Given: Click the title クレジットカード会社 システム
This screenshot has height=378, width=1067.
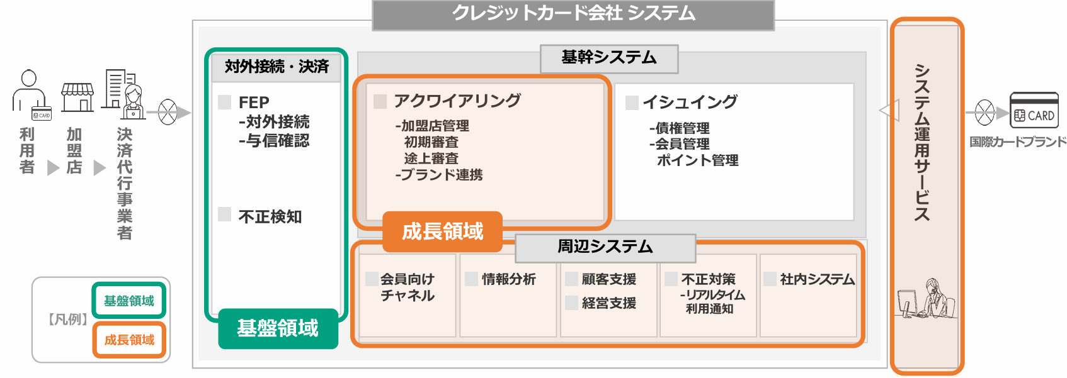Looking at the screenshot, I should pyautogui.click(x=573, y=14).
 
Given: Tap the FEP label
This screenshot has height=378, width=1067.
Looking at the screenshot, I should pyautogui.click(x=254, y=102).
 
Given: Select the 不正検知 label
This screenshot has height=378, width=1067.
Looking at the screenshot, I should pyautogui.click(x=270, y=216).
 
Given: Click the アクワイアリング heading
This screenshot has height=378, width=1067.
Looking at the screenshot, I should pyautogui.click(x=457, y=101).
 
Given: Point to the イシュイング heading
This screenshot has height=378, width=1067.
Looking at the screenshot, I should pyautogui.click(x=690, y=102).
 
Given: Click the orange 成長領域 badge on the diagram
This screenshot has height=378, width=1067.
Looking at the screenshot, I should pyautogui.click(x=442, y=231).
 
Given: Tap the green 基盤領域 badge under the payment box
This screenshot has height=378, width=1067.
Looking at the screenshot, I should pyautogui.click(x=278, y=328).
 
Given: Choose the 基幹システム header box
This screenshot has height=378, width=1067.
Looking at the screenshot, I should pyautogui.click(x=608, y=58).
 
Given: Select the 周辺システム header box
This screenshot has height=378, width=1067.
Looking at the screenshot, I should pyautogui.click(x=605, y=247).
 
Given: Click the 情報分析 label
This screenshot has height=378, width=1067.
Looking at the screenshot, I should pyautogui.click(x=508, y=279).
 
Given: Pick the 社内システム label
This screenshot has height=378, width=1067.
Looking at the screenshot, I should pyautogui.click(x=817, y=279).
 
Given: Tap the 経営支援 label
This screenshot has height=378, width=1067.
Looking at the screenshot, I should pyautogui.click(x=608, y=303).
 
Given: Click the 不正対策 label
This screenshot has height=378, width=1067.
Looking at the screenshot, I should pyautogui.click(x=708, y=279).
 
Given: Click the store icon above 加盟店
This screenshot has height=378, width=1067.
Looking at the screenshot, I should pyautogui.click(x=77, y=97).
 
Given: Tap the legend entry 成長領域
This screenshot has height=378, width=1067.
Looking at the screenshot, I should pyautogui.click(x=129, y=340).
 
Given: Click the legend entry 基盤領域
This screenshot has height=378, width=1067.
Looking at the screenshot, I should pyautogui.click(x=129, y=301).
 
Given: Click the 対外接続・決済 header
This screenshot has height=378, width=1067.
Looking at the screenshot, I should pyautogui.click(x=277, y=67).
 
